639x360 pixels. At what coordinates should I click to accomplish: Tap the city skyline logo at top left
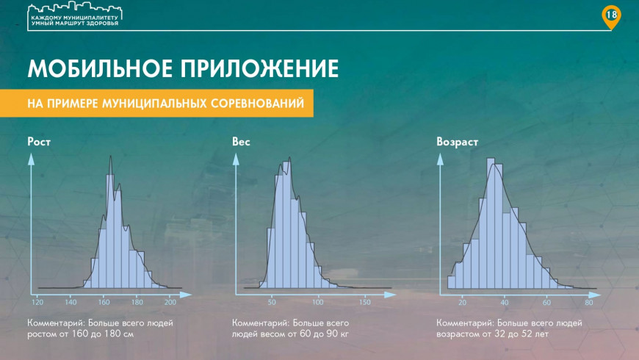click(75, 15)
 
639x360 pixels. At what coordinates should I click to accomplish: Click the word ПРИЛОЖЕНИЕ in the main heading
click(259, 68)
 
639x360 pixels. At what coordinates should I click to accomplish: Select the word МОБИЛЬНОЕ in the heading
click(100, 68)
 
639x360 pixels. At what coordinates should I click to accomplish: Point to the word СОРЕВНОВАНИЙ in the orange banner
click(257, 103)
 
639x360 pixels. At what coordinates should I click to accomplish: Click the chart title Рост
click(39, 142)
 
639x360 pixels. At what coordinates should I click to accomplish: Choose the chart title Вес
click(241, 142)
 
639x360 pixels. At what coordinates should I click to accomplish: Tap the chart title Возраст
click(457, 142)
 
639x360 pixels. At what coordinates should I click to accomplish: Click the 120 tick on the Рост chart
click(37, 302)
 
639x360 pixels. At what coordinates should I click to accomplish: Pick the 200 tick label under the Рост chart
click(170, 302)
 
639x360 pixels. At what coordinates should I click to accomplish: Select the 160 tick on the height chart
click(104, 302)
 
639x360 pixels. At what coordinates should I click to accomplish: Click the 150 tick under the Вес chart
click(365, 302)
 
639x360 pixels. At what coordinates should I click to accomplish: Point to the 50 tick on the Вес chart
click(272, 302)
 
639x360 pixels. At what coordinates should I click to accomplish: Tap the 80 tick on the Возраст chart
click(588, 302)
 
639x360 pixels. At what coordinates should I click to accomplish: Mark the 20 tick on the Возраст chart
click(462, 302)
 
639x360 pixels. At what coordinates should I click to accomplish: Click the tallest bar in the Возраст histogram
click(491, 223)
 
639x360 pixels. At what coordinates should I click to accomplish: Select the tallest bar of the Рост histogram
click(110, 231)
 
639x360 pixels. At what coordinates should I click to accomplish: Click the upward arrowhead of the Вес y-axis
click(236, 159)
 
